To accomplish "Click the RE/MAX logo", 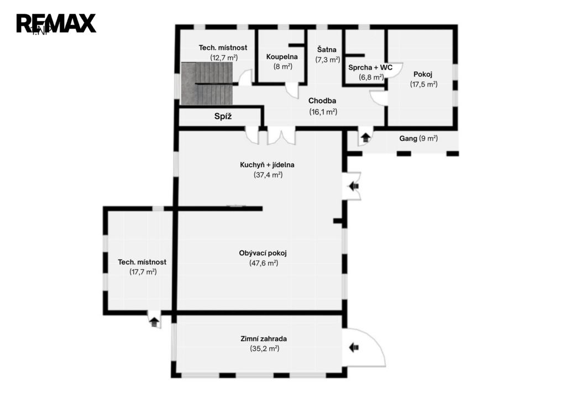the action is tap(56, 23).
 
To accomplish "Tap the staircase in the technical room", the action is tap(207, 84).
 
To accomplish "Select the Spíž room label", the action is tap(223, 116).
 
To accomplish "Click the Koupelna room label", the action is tap(282, 57).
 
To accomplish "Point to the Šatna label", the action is tap(327, 49).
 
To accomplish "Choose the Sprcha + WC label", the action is tap(370, 67).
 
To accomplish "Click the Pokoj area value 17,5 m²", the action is tap(424, 84).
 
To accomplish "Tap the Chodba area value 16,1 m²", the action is tap(323, 112).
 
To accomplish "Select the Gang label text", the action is tap(408, 138).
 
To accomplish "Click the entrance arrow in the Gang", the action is tap(366, 138).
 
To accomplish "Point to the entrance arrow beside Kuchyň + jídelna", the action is tap(353, 186).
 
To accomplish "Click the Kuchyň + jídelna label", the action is tap(267, 165).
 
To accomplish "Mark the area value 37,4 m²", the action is tap(268, 175).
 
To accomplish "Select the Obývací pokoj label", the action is tap(263, 253).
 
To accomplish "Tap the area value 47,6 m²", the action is tap(264, 263).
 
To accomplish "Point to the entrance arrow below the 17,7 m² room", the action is tap(155, 321).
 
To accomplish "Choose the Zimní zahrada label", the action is tap(264, 339).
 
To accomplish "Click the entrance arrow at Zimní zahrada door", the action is tap(354, 347).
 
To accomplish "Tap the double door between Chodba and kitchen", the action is tap(281, 136).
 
